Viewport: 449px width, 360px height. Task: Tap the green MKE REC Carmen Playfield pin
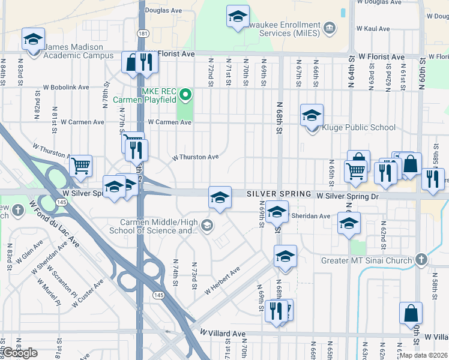[x=186, y=94]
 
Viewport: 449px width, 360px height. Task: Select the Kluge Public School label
[x=359, y=127]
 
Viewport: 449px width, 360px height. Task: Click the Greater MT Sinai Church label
[x=368, y=260]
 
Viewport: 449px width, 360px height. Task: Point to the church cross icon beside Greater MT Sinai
[x=421, y=260]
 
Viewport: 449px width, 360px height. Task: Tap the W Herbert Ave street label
[x=222, y=280]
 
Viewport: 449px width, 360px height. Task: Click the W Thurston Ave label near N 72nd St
[x=195, y=157]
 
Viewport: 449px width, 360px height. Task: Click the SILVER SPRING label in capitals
[x=280, y=194]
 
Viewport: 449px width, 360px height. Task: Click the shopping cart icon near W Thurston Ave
[x=80, y=165]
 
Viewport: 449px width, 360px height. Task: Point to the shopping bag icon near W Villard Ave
[x=411, y=313]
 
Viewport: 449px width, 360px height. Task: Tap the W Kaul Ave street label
[x=373, y=28]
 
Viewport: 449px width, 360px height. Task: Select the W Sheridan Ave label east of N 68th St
[x=310, y=216]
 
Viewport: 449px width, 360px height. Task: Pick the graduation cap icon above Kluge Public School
[x=312, y=115]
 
